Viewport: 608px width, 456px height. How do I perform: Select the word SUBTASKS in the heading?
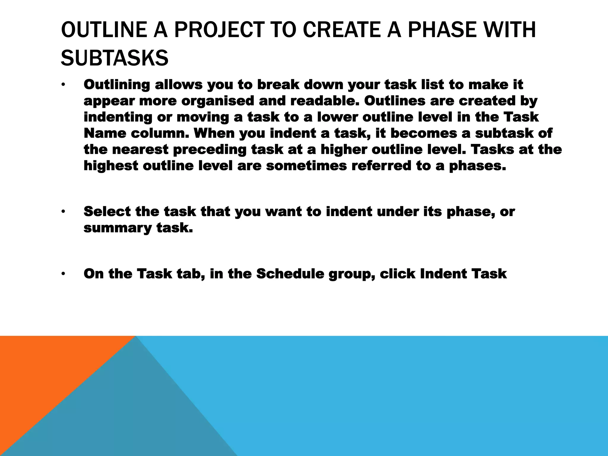pos(115,58)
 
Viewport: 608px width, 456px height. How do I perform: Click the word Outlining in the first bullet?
pos(117,85)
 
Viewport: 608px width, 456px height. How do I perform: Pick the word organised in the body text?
pos(218,101)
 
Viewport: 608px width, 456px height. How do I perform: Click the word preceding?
pos(210,149)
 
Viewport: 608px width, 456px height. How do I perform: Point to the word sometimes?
pos(306,166)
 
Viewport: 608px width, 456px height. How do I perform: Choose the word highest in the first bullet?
pos(111,166)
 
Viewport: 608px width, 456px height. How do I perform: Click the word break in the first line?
pos(278,85)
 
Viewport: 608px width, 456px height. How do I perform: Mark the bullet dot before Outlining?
pos(63,85)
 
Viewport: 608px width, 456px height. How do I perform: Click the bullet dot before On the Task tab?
pos(63,274)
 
